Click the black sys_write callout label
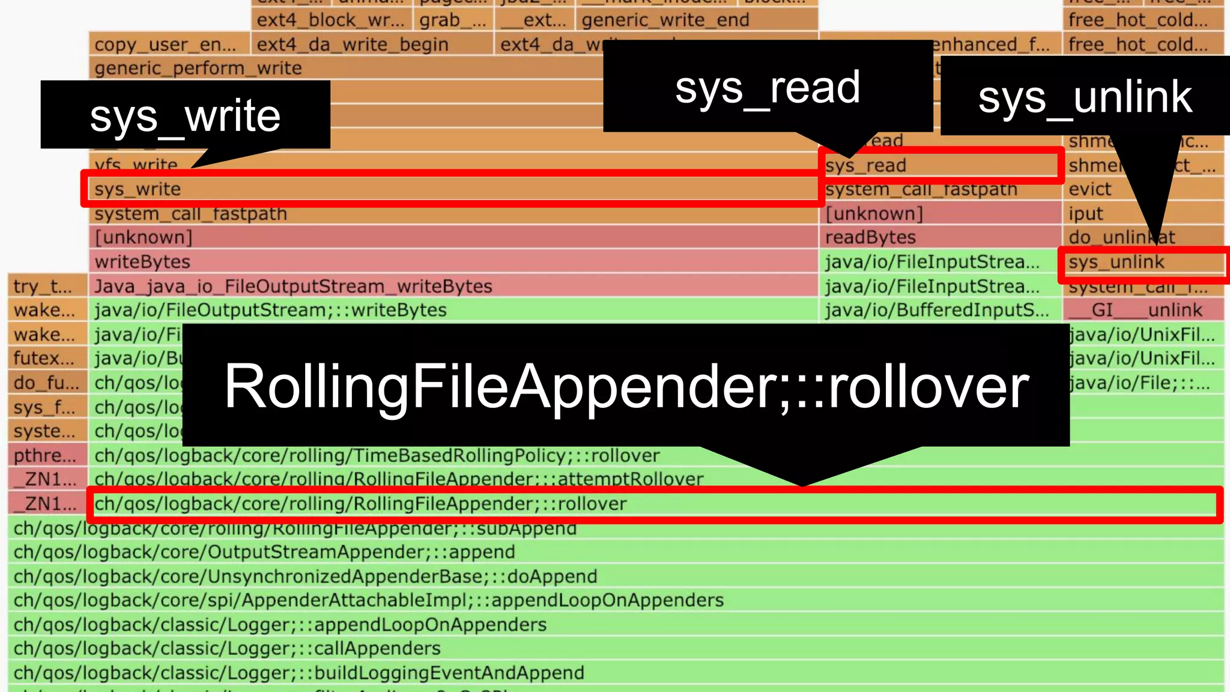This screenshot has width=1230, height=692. tap(185, 115)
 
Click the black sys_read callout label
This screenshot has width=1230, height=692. tap(768, 87)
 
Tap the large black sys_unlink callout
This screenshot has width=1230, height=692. tap(1085, 97)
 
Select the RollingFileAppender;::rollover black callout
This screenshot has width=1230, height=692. tap(626, 386)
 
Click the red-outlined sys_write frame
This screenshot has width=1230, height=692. tap(450, 189)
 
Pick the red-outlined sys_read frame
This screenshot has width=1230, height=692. tap(940, 165)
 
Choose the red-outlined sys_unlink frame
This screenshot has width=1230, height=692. tap(1141, 263)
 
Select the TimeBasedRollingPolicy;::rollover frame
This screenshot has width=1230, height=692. tap(377, 455)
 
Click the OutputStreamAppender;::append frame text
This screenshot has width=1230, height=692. tap(264, 552)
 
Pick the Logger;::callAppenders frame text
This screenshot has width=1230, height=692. tap(227, 649)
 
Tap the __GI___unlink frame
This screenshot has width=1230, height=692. tap(1144, 310)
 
